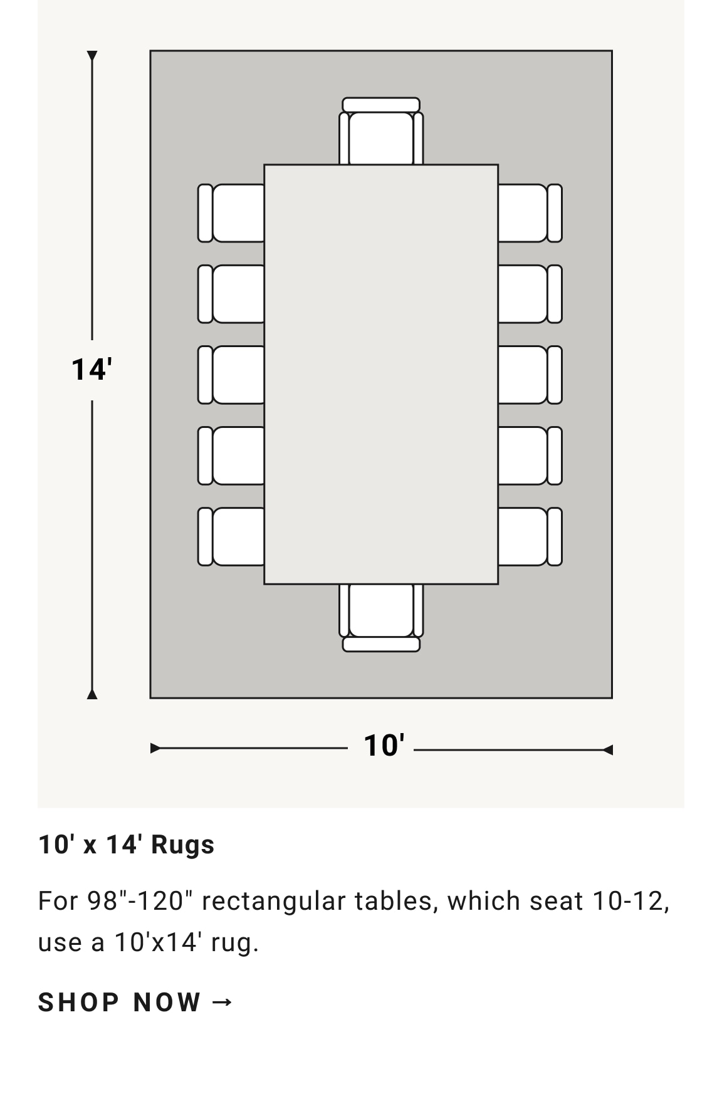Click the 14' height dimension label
point(92,370)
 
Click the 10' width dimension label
point(384,746)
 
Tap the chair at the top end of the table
point(381,131)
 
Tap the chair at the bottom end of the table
point(381,618)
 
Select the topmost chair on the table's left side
point(231,213)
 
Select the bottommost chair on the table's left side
point(231,536)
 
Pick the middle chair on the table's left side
point(231,375)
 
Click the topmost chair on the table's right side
point(530,213)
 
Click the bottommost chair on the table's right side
point(530,536)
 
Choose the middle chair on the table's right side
point(530,375)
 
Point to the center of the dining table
point(381,374)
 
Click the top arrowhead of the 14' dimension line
point(92,56)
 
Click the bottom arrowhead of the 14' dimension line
point(92,694)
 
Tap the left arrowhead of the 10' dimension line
point(155,748)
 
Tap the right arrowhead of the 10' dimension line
point(607,749)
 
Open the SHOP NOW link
point(135,1003)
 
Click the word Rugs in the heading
point(183,845)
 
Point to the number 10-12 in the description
point(630,901)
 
